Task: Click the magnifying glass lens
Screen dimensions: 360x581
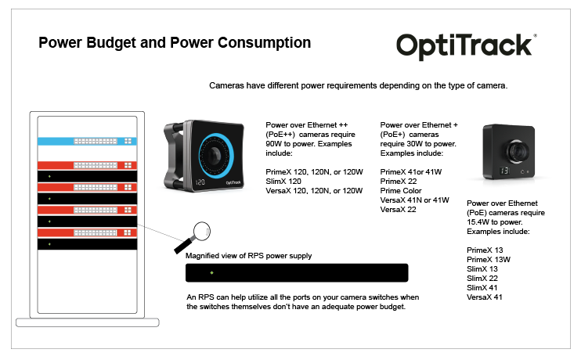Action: [x=203, y=230]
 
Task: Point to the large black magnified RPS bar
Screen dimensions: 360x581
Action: [x=297, y=273]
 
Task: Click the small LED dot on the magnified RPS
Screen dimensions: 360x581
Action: [x=211, y=273]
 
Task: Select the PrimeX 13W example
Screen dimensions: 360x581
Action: [x=489, y=259]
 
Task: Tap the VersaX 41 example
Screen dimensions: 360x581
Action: [x=485, y=297]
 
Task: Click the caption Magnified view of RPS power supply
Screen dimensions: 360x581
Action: [x=248, y=255]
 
